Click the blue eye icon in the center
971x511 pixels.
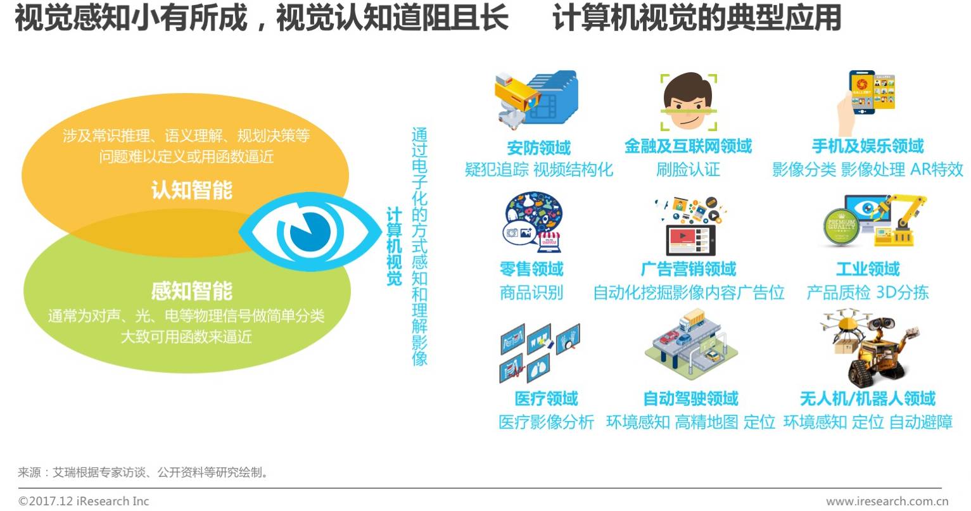(x=301, y=232)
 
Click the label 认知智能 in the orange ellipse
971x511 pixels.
(x=191, y=191)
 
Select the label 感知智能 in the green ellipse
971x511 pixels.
(x=191, y=291)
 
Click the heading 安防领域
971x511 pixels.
(x=538, y=148)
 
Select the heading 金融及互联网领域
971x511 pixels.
(x=688, y=147)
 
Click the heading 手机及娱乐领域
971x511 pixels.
(x=868, y=147)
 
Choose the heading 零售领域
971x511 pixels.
(x=531, y=269)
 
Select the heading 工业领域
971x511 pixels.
(x=868, y=269)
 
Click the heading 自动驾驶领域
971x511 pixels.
(x=690, y=399)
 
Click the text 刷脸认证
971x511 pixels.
(x=688, y=170)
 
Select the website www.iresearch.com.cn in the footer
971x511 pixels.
(x=887, y=501)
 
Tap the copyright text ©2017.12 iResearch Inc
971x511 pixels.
(x=84, y=501)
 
